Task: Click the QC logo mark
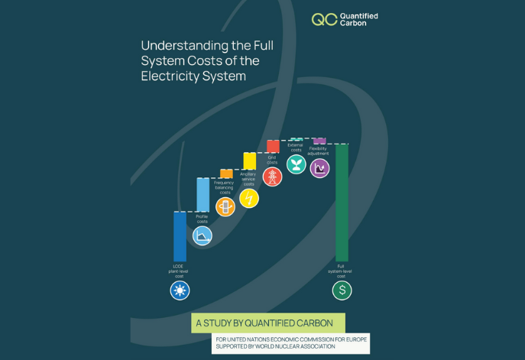click(324, 19)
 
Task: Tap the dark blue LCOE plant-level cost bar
click(180, 236)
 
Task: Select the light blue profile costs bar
click(203, 194)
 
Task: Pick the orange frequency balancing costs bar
click(226, 174)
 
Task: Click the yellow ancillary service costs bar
click(249, 161)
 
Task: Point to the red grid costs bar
click(273, 146)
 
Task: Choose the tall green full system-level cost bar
click(342, 203)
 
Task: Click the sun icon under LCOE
click(180, 290)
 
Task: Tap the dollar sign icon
click(342, 290)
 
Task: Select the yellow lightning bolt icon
click(249, 199)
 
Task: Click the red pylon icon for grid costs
click(273, 177)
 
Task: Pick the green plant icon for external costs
click(296, 164)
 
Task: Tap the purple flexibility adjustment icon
click(319, 168)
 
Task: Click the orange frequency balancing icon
click(225, 207)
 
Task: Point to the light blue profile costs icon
click(203, 235)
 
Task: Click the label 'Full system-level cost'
click(341, 271)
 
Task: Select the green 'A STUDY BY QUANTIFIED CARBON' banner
click(267, 323)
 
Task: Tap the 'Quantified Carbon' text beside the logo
click(358, 19)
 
